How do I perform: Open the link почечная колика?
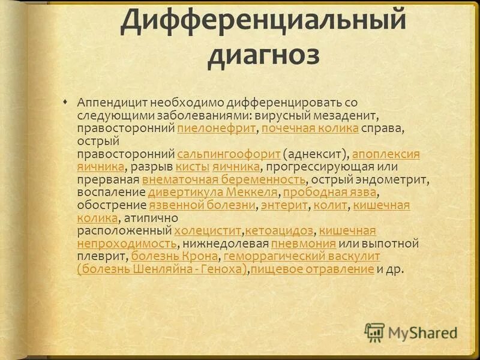click(x=310, y=128)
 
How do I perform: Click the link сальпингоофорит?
click(x=229, y=154)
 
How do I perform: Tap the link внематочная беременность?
click(x=224, y=179)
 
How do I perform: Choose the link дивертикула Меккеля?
click(x=213, y=192)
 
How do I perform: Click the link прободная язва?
click(x=330, y=192)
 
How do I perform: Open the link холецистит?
click(x=208, y=231)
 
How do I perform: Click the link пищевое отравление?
click(x=312, y=269)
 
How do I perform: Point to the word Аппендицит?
click(x=111, y=103)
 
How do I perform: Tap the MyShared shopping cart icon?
click(x=374, y=332)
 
